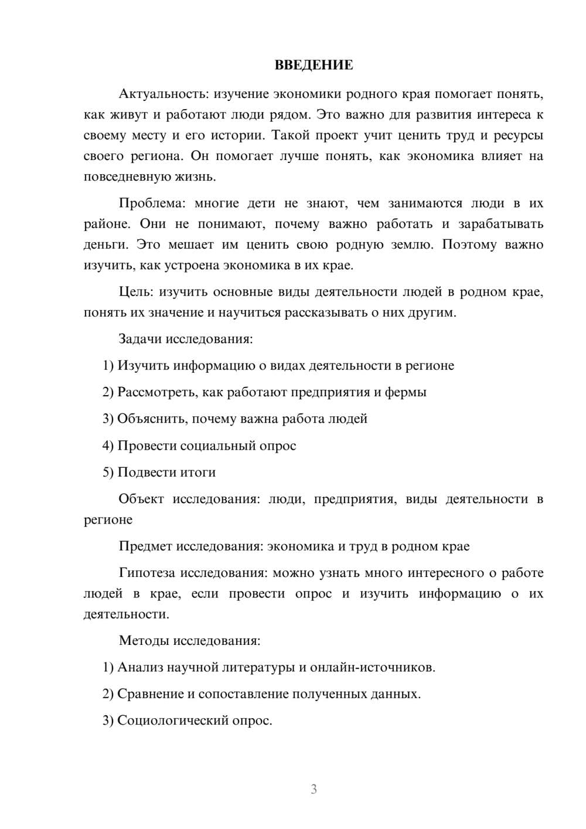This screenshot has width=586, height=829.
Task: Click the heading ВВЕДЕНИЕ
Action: coord(314,65)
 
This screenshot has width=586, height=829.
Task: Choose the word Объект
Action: coord(141,499)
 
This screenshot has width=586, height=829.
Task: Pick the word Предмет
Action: coord(145,546)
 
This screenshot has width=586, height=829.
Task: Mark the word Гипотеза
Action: coord(147,573)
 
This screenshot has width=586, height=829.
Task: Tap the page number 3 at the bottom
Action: coord(314,789)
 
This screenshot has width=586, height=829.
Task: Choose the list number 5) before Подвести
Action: coord(108,473)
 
